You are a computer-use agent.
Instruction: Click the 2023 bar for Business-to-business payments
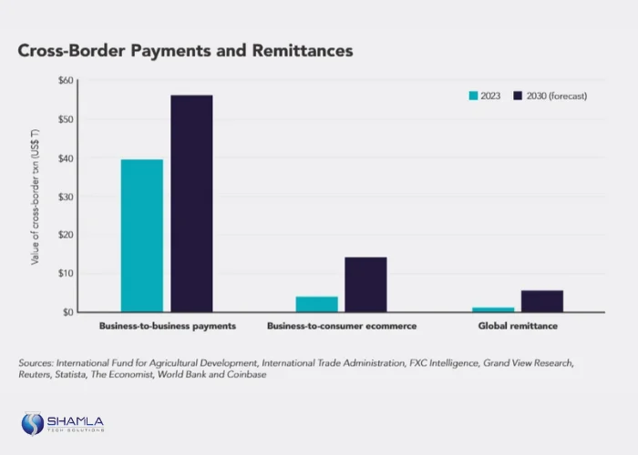142,236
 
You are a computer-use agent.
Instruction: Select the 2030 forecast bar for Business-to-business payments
191,204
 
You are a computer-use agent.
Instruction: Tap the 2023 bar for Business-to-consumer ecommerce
316,304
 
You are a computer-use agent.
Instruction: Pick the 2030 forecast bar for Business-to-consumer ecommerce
365,285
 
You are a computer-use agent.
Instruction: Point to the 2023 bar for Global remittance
493,309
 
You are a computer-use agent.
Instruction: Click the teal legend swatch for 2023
473,96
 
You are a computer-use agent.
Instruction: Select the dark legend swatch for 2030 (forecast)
518,96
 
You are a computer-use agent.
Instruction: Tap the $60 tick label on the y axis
65,81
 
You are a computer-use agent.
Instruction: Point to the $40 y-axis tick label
65,158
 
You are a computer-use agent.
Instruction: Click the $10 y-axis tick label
65,273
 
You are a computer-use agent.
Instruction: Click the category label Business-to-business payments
167,326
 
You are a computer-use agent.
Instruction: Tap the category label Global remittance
518,326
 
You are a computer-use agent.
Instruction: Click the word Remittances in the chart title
298,51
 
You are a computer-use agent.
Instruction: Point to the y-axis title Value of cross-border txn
35,196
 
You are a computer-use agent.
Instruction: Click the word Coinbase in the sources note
244,375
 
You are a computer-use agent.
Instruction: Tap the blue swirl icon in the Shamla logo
33,423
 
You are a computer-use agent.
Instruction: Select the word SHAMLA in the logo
77,420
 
